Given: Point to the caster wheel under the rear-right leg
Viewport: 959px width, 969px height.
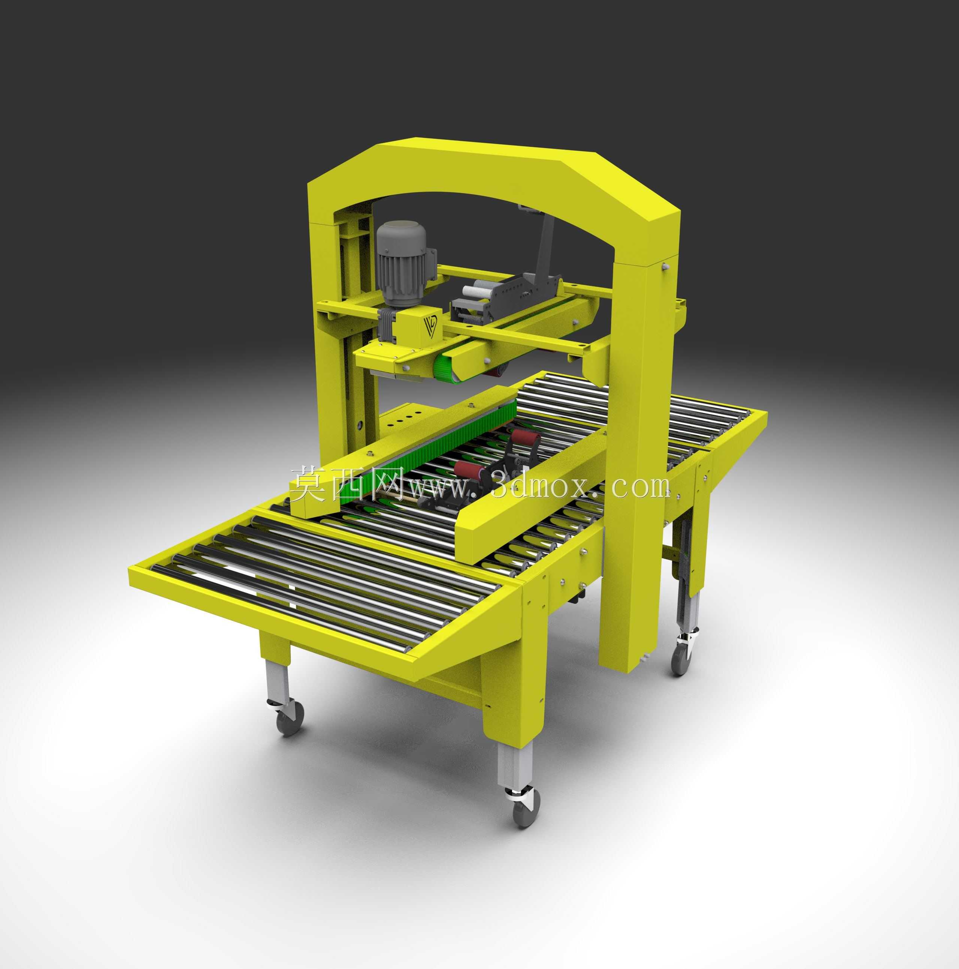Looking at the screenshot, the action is tap(683, 659).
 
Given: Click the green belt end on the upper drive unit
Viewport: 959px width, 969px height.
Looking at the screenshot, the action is tap(447, 361).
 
